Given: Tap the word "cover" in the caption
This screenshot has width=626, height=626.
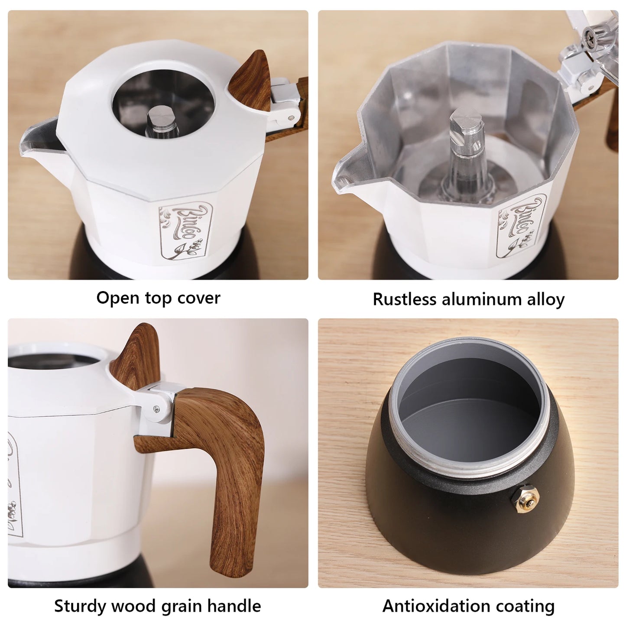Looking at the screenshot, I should pyautogui.click(x=201, y=298).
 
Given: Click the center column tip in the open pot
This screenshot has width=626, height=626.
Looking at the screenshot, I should pyautogui.click(x=466, y=123).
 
